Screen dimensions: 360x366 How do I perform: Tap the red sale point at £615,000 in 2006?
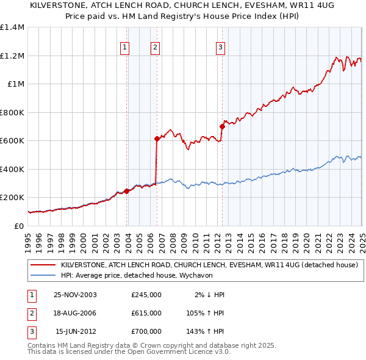click(x=157, y=139)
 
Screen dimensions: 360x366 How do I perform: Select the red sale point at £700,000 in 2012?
click(x=222, y=127)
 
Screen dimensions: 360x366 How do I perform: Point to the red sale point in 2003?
click(x=127, y=191)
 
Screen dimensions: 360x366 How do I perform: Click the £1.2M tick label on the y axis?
click(x=13, y=56)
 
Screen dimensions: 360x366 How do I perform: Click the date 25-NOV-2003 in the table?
click(x=76, y=295)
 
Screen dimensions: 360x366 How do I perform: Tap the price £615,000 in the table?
click(x=146, y=313)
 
